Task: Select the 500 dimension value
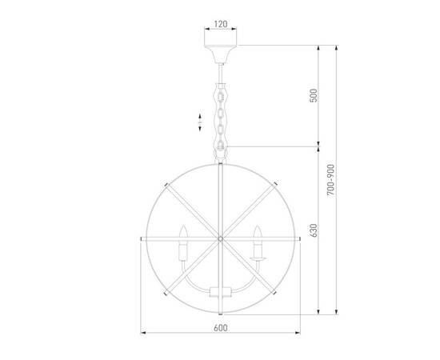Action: [314, 96]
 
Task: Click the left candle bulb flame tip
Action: [183, 230]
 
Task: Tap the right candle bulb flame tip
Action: [258, 230]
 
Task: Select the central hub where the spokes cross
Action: [221, 238]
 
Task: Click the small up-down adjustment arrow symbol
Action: [199, 122]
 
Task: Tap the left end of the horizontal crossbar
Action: [142, 238]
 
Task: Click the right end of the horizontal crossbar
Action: [299, 238]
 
